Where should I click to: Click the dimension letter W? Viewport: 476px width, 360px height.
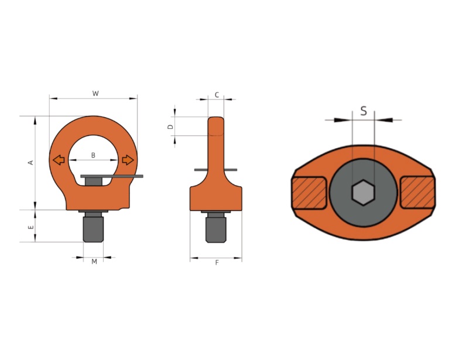(x=95, y=94)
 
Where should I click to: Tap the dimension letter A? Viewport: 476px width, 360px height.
(x=30, y=162)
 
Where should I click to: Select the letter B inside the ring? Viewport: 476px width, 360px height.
(x=93, y=155)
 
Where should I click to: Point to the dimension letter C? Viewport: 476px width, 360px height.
(x=217, y=95)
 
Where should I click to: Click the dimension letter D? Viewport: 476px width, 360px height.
(x=170, y=126)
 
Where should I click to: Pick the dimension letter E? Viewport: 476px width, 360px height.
(x=31, y=227)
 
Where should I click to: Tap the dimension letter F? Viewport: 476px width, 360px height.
(x=217, y=263)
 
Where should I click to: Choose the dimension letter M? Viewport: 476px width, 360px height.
(x=94, y=261)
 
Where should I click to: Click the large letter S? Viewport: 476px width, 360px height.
(x=364, y=111)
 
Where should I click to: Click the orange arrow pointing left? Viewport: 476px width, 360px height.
(x=59, y=160)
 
